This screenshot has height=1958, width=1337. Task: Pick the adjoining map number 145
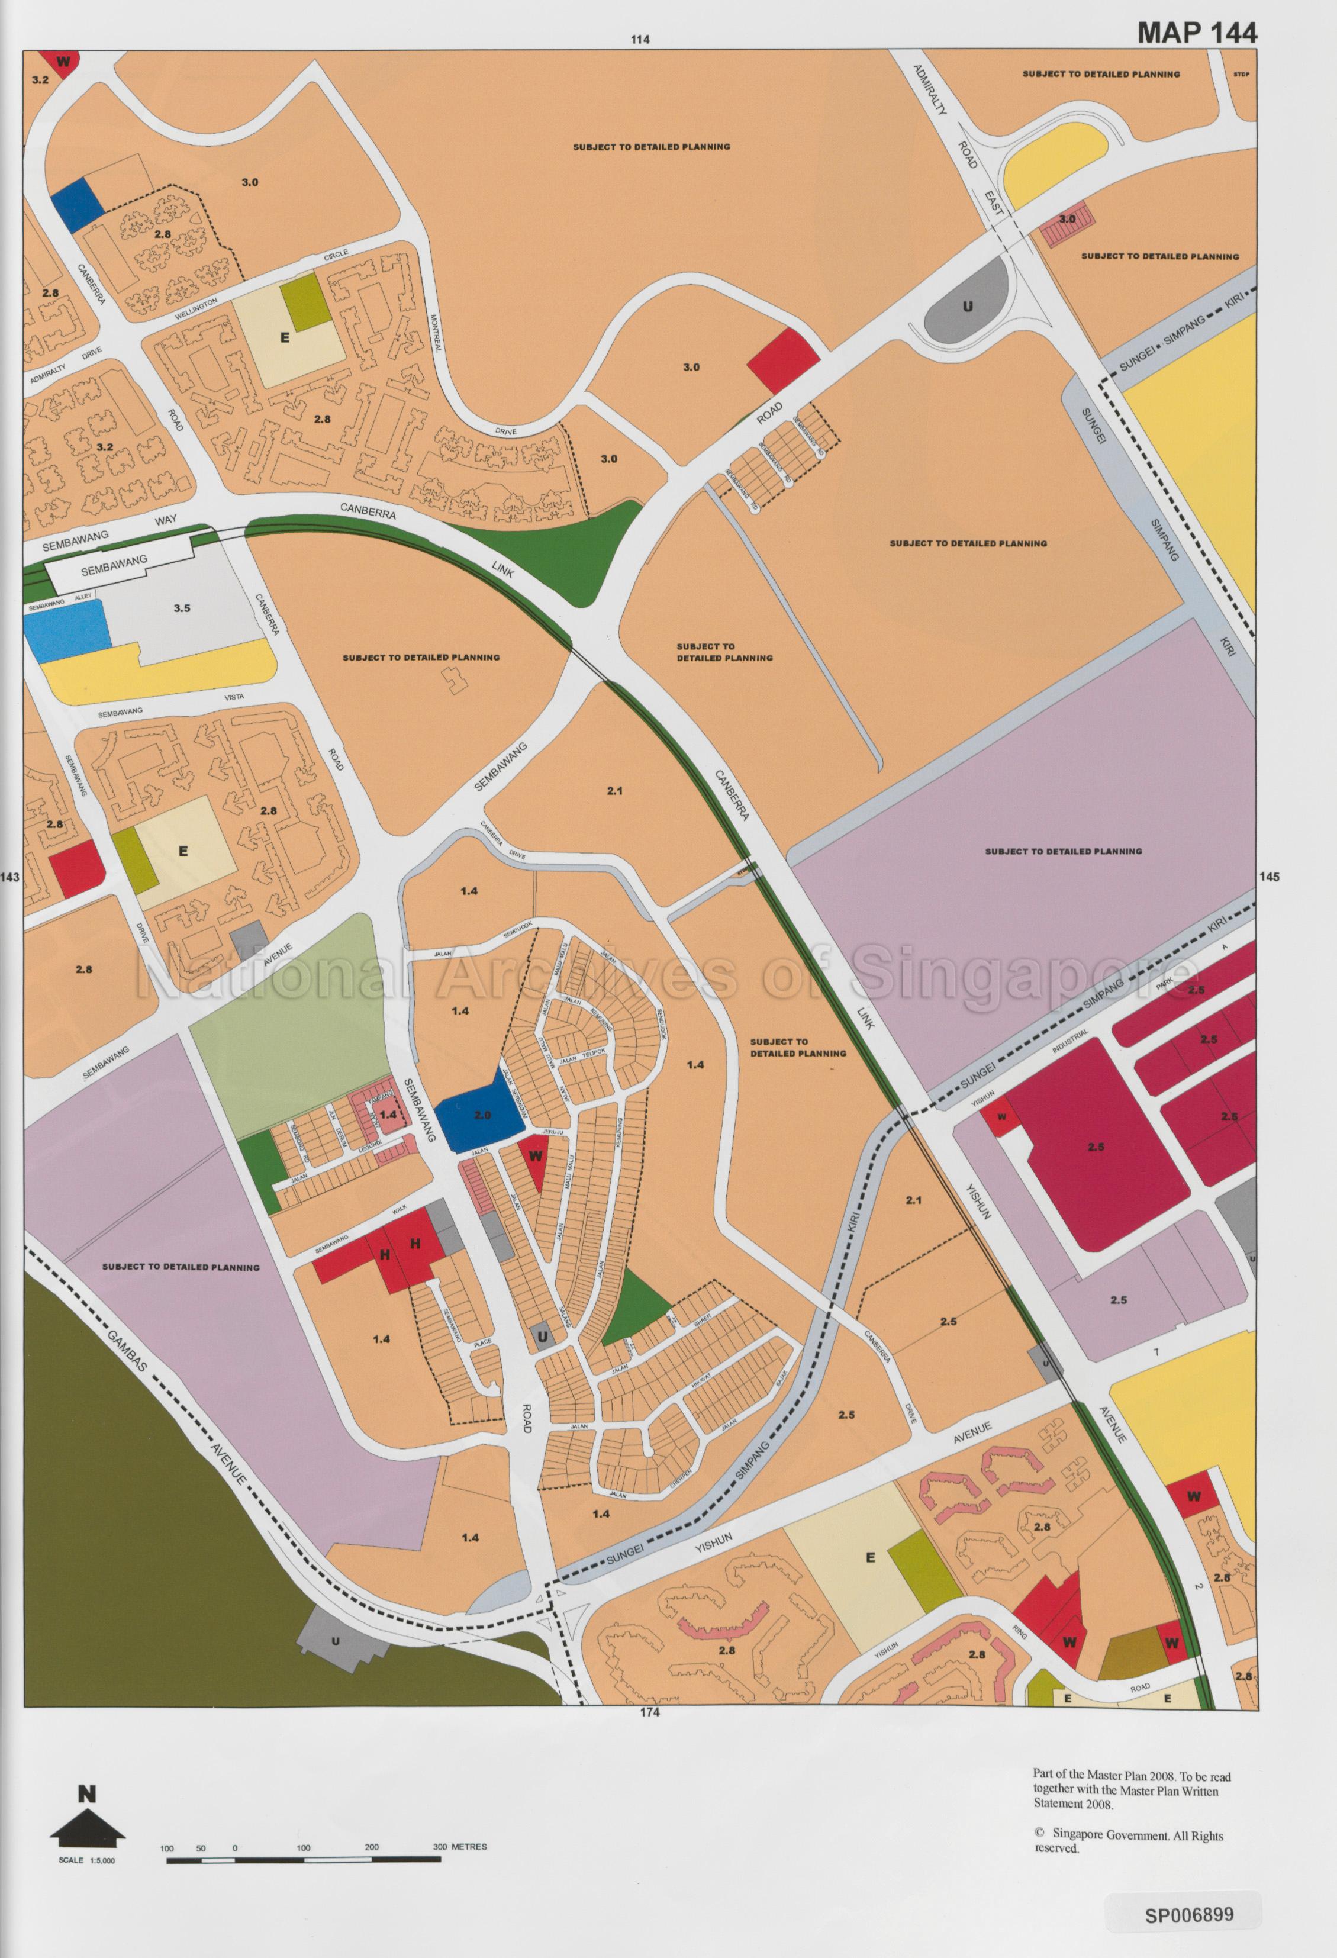(1270, 876)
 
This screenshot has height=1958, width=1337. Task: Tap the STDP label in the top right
(1240, 74)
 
